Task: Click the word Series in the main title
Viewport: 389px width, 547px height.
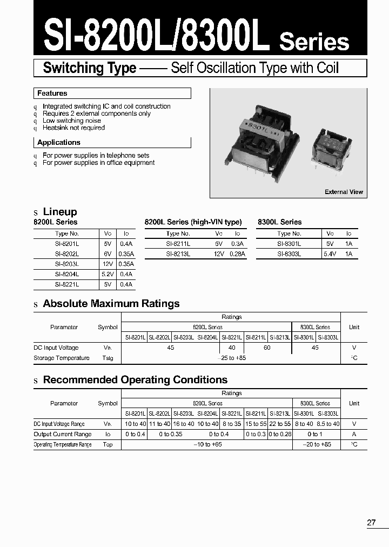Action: tap(314, 42)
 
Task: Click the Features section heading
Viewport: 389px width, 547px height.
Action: tap(52, 94)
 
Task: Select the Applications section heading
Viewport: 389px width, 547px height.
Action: tap(59, 143)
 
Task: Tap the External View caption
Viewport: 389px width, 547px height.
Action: tap(344, 192)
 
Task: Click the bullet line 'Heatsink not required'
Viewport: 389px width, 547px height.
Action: tap(73, 128)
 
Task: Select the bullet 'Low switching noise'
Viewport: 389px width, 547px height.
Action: tap(72, 121)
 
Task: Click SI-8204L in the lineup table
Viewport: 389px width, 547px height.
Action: tap(66, 274)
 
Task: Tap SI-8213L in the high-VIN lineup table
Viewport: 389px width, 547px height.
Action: tap(178, 254)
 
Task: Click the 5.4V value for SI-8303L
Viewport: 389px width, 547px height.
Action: tap(330, 254)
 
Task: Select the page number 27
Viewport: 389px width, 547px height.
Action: tap(371, 523)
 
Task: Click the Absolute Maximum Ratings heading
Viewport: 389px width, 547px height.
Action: tap(111, 304)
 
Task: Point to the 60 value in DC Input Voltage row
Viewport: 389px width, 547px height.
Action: tap(267, 348)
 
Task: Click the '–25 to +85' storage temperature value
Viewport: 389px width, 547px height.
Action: tap(231, 358)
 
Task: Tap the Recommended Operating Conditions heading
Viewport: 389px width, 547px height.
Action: tap(135, 380)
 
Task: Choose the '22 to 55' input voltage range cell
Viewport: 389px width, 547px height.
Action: tap(280, 424)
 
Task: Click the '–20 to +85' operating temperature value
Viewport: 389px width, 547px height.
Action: tap(316, 445)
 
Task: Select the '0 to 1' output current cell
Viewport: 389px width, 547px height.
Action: tap(316, 435)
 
